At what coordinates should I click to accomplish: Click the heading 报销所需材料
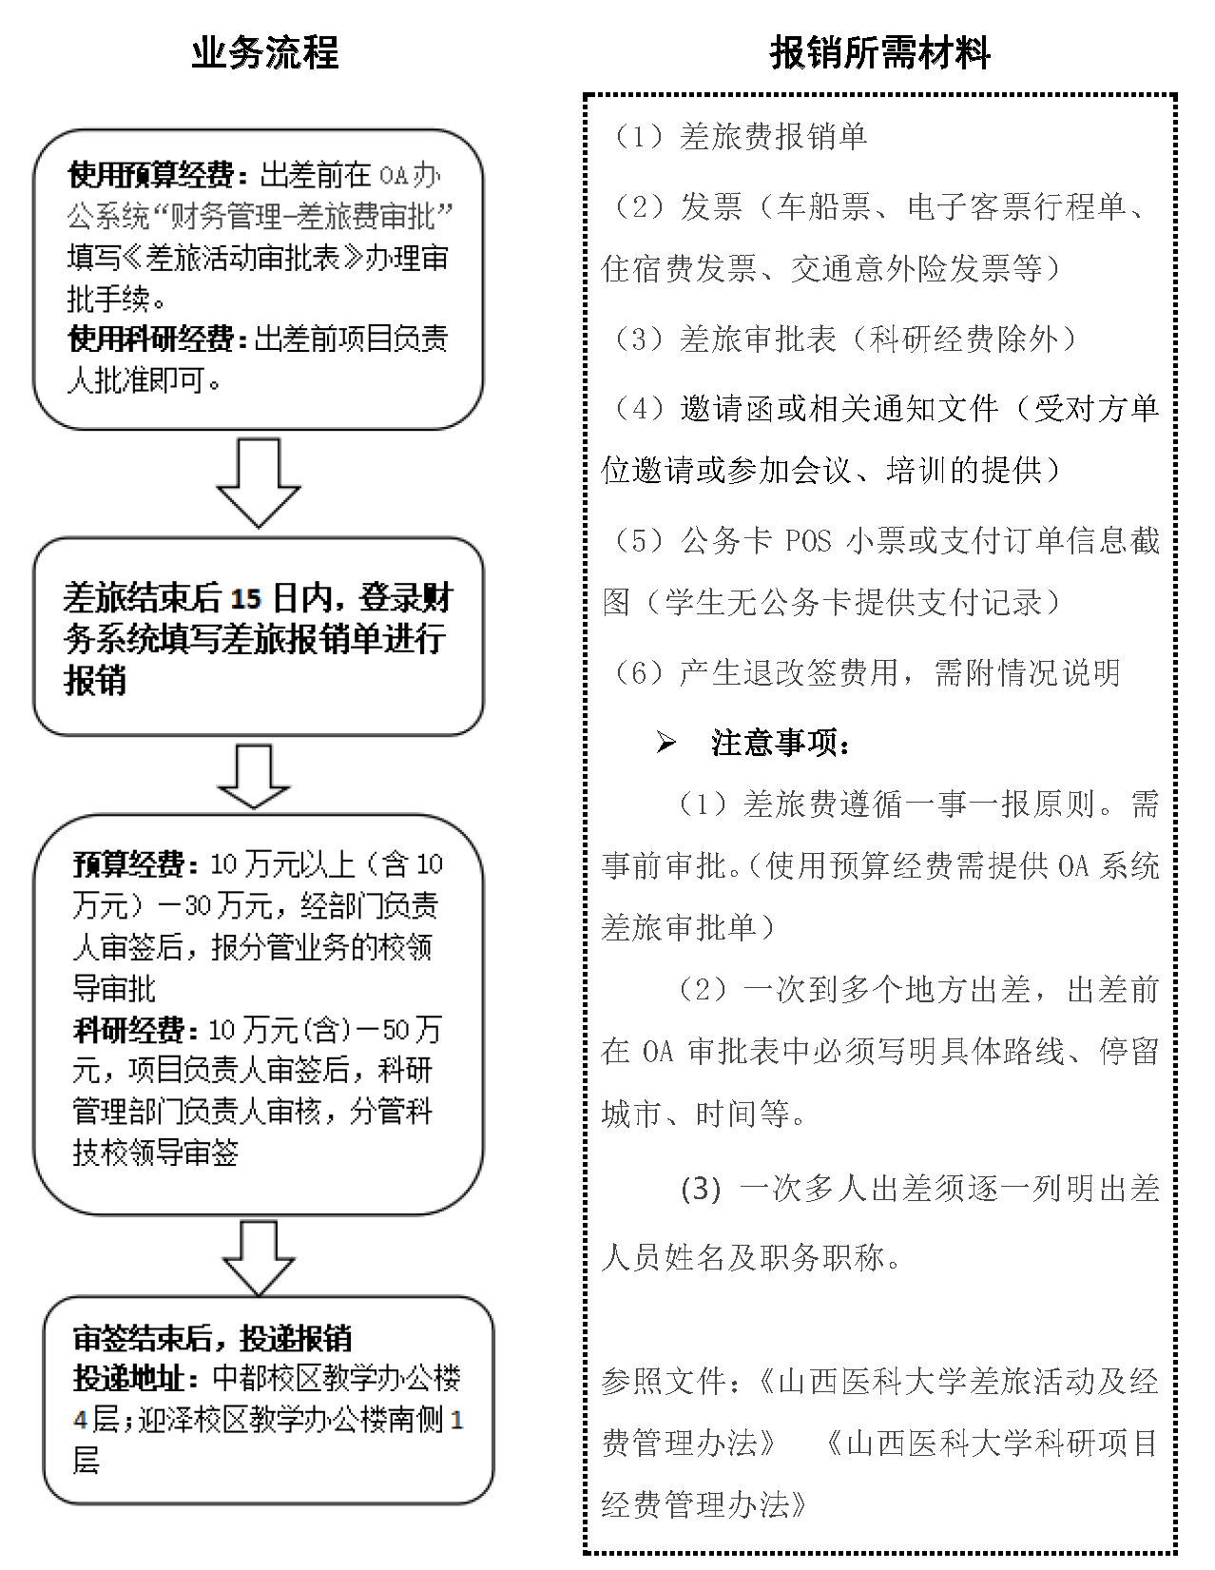tap(879, 53)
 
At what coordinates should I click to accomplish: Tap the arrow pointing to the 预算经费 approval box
tap(254, 776)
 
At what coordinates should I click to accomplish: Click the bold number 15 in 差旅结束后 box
tap(244, 599)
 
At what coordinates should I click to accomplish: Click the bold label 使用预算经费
tap(151, 176)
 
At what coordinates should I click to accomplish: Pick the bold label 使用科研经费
tap(151, 339)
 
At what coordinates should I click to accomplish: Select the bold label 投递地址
tap(134, 1380)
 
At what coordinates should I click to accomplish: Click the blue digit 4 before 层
tap(81, 1422)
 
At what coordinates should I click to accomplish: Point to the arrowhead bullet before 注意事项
tap(665, 744)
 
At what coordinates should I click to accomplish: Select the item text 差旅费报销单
tap(773, 137)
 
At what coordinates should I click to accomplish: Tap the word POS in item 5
tap(808, 541)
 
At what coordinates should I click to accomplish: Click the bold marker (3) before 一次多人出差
tap(702, 1190)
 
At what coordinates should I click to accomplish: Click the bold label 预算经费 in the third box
tap(128, 865)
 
